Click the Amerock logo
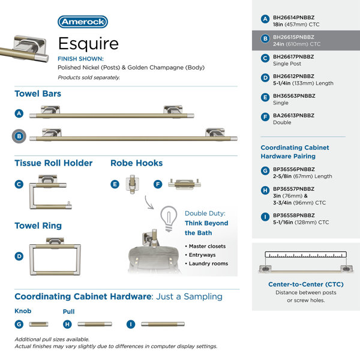(83, 22)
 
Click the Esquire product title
(88, 43)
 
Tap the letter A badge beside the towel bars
(19, 113)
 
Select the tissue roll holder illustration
(50, 192)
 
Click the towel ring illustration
(55, 256)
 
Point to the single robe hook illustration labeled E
(132, 184)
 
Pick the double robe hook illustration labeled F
(184, 184)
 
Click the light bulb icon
(169, 218)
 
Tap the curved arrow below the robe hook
(149, 203)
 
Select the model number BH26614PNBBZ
(293, 17)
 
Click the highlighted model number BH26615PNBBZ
(293, 37)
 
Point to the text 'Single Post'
(287, 64)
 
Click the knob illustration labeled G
(38, 324)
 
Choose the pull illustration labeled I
(163, 324)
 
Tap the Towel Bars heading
(38, 94)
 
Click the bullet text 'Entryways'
(202, 255)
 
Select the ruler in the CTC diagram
(306, 254)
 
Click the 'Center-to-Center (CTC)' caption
(306, 284)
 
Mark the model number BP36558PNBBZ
(294, 215)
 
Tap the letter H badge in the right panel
(265, 190)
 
